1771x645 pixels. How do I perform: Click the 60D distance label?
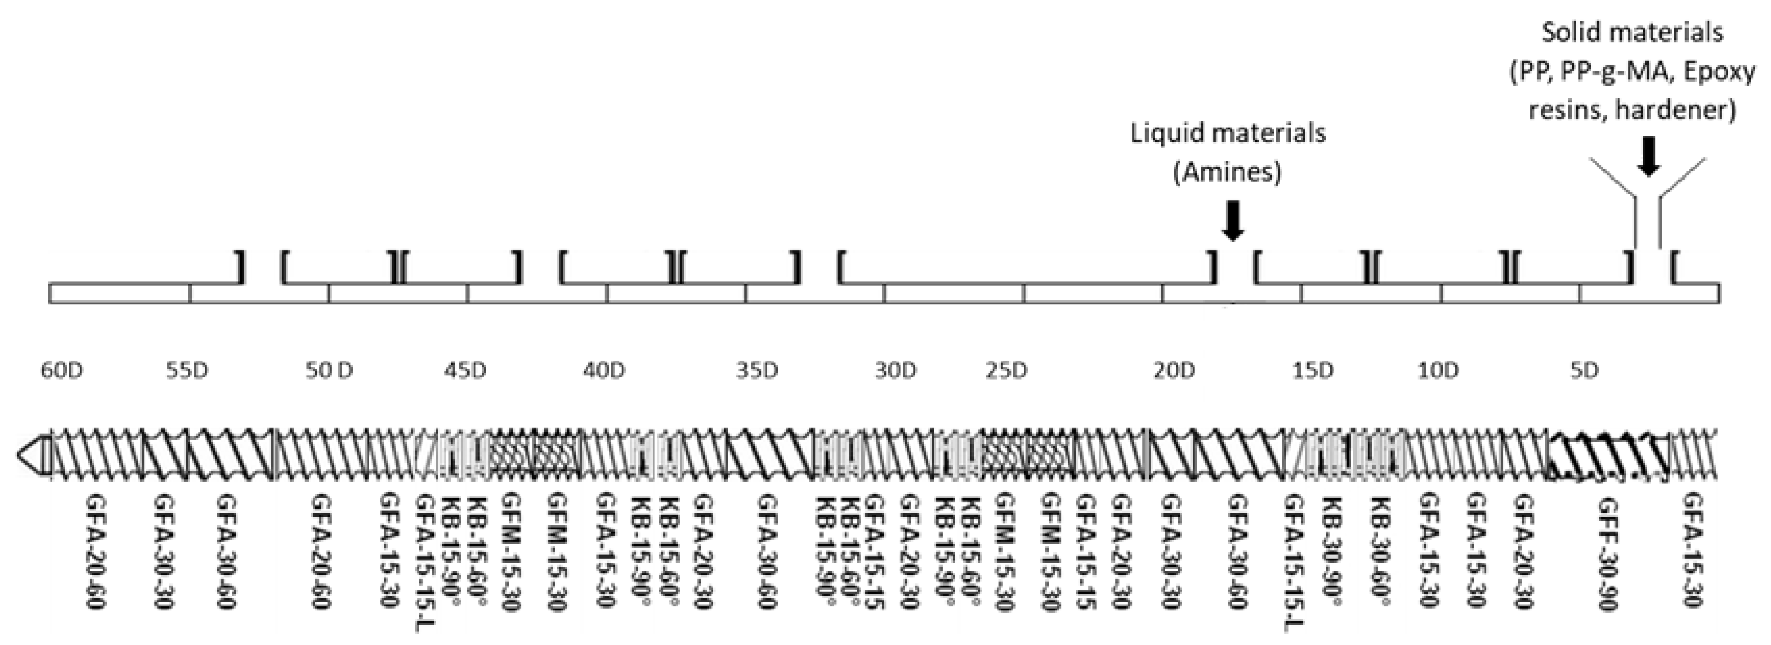[x=62, y=371]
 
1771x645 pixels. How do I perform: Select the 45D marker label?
[x=465, y=371]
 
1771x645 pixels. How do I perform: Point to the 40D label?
[x=604, y=371]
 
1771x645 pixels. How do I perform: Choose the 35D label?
[x=757, y=371]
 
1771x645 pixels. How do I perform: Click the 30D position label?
[x=896, y=371]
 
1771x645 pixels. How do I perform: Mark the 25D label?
[x=1006, y=371]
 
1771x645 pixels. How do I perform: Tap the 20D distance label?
[x=1174, y=371]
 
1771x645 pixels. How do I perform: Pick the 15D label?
[x=1312, y=371]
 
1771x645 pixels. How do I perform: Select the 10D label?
[x=1437, y=371]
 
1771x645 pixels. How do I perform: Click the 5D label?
[x=1584, y=371]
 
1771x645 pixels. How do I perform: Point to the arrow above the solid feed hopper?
[x=1649, y=157]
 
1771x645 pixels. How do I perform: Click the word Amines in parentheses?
[x=1227, y=171]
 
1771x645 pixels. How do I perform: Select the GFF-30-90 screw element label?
[x=1609, y=553]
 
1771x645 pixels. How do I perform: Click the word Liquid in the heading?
[x=1167, y=132]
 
